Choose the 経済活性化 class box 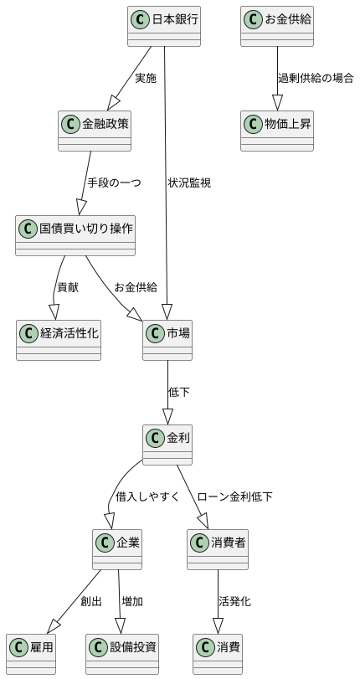pos(59,340)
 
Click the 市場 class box pos(167,340)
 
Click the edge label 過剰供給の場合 pos(316,79)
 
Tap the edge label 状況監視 pos(189,183)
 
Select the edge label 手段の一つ pos(114,183)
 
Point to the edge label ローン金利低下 pos(234,497)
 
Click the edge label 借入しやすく pos(147,497)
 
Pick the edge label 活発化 pos(234,602)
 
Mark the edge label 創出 pos(91,602)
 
